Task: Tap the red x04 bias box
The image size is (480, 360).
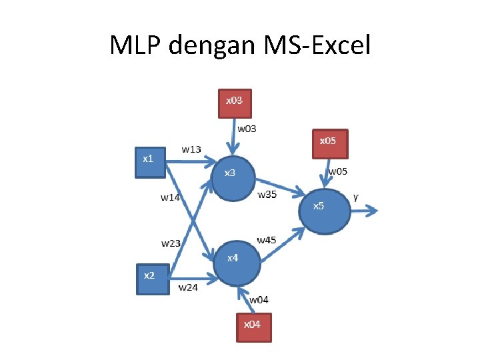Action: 253,327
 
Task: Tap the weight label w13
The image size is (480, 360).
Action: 191,149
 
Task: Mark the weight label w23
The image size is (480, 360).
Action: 171,243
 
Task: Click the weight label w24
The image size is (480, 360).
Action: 188,288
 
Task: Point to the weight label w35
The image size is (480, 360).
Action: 267,195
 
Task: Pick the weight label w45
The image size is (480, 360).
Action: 267,239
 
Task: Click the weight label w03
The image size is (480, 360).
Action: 247,128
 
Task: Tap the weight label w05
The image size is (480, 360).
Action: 337,171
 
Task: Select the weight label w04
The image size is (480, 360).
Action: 259,300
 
